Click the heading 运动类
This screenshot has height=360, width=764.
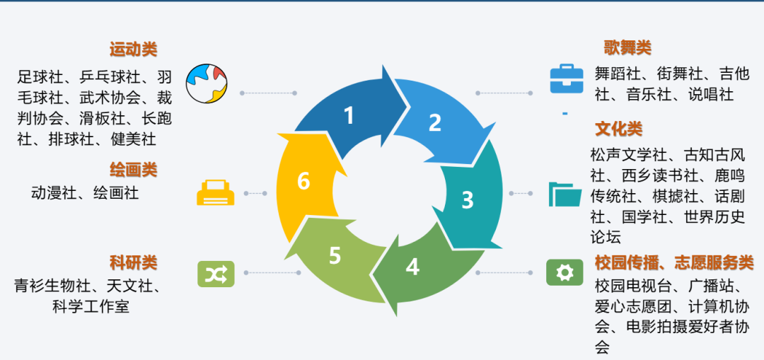point(133,50)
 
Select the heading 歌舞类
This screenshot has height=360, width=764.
point(627,47)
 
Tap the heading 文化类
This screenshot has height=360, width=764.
point(618,129)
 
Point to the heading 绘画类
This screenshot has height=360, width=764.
point(133,170)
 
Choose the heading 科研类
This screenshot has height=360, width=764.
point(133,263)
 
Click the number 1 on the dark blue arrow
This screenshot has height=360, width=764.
point(348,115)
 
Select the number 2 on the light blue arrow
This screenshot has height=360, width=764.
point(434,123)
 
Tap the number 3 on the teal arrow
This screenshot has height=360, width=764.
point(467,200)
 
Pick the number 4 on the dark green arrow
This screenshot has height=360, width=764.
point(412,267)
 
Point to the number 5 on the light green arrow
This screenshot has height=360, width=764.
point(335,255)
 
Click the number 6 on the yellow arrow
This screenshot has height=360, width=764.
point(303,181)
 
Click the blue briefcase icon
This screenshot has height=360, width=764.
point(567,79)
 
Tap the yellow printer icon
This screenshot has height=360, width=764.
point(215,192)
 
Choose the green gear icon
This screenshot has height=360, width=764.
point(565,272)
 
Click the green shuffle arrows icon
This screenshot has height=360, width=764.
point(215,273)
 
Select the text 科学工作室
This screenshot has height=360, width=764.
point(91,306)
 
